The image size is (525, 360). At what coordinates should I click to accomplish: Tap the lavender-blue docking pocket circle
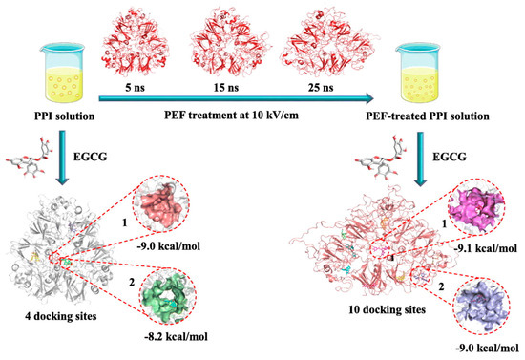tap(464, 295)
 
